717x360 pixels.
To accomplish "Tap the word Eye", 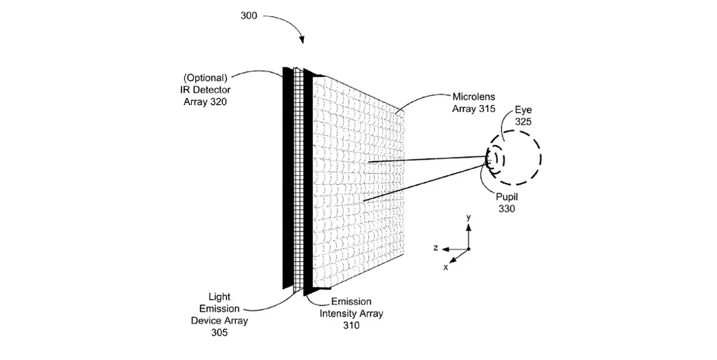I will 523,110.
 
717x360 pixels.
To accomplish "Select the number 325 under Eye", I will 523,122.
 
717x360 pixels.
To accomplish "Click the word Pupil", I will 506,197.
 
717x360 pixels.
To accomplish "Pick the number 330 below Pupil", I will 506,209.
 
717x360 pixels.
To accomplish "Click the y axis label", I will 469,218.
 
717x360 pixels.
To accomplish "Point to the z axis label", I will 436,248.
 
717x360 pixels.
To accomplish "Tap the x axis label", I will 446,267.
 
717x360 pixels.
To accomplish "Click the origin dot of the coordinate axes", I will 469,249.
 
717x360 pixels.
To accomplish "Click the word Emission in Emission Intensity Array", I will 342,301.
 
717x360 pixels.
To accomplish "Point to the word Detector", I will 216,90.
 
